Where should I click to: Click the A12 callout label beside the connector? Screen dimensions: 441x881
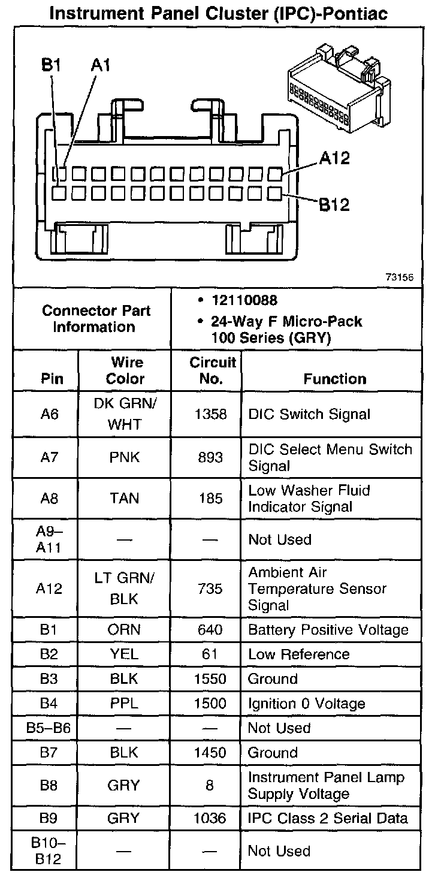(x=334, y=159)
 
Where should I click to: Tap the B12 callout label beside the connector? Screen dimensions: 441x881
(x=334, y=205)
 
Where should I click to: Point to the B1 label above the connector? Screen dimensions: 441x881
(x=52, y=64)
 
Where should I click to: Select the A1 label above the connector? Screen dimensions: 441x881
(x=100, y=64)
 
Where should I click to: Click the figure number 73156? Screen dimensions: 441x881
(x=399, y=277)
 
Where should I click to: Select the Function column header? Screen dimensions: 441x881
(x=334, y=379)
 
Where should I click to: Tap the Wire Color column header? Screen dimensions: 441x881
(x=125, y=371)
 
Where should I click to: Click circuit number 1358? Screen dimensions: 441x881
(x=210, y=414)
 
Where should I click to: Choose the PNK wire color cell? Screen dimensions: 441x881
(x=125, y=458)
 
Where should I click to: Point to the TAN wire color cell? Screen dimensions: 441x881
(x=125, y=499)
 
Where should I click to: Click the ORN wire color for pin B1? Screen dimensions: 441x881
(x=125, y=630)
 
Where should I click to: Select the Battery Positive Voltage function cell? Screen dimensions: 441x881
(x=328, y=630)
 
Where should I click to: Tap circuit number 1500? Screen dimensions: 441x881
(x=210, y=704)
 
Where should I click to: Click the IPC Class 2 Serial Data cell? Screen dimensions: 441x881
(x=328, y=819)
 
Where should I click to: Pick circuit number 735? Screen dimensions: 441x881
(x=210, y=589)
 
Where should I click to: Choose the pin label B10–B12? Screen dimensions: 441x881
(x=49, y=851)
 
